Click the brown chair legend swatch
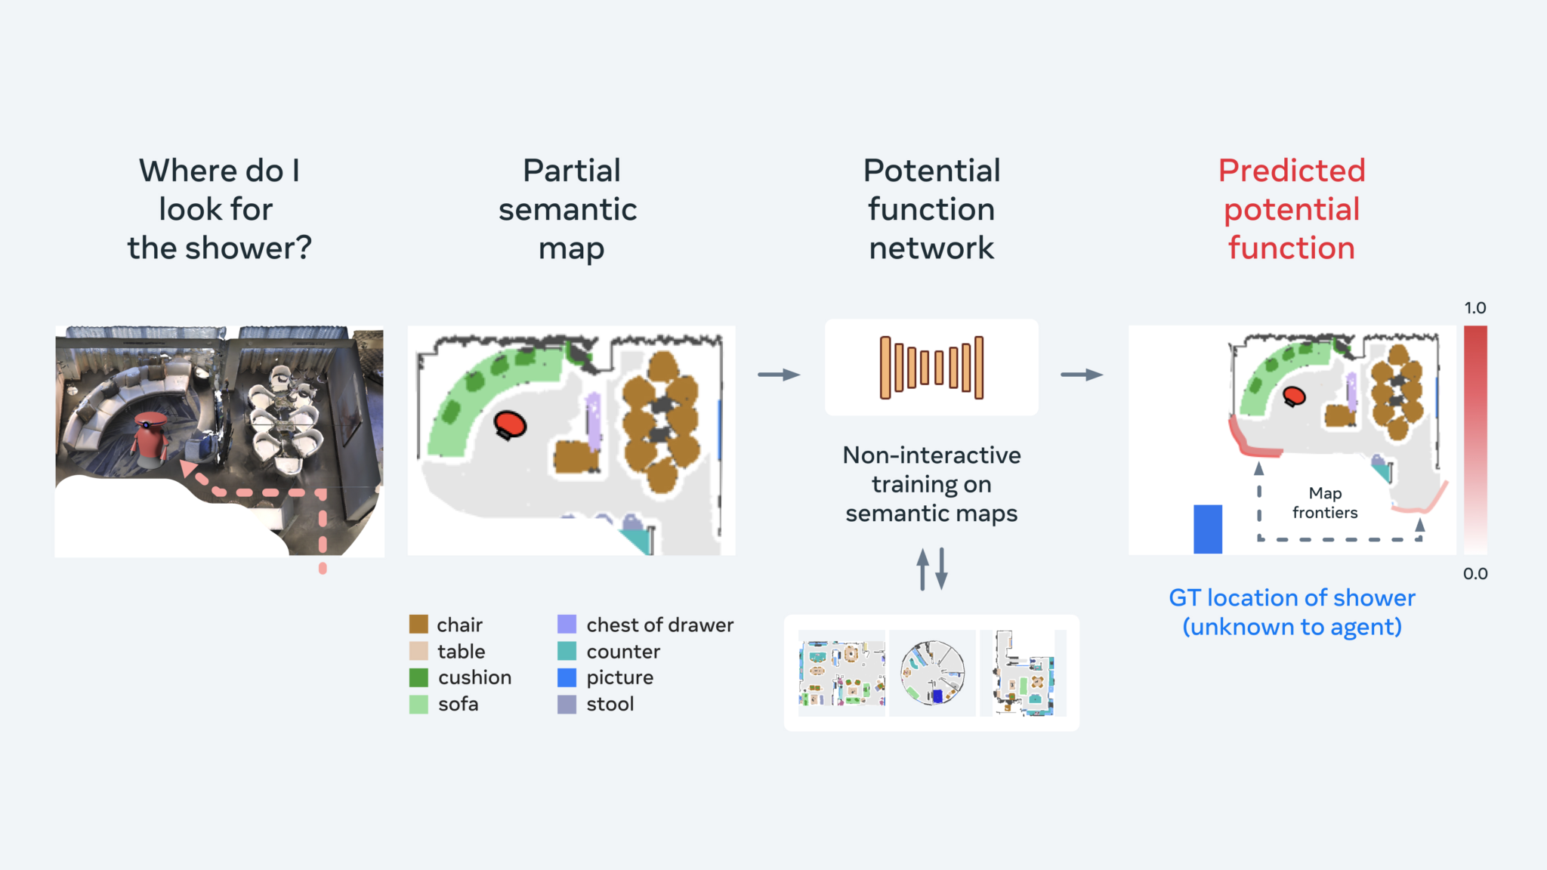point(418,625)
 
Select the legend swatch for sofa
point(418,704)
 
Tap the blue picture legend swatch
point(567,677)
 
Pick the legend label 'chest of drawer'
point(659,625)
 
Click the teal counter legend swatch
point(567,651)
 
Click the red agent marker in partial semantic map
point(510,424)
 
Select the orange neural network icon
point(931,367)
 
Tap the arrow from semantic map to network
point(779,375)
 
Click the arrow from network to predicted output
point(1082,375)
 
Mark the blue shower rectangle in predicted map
point(1207,529)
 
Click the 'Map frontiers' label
point(1325,503)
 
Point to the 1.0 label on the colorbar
point(1474,308)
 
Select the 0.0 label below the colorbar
point(1474,573)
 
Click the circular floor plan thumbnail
point(932,673)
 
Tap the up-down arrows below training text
point(931,569)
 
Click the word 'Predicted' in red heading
point(1292,171)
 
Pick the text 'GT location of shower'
point(1292,597)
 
